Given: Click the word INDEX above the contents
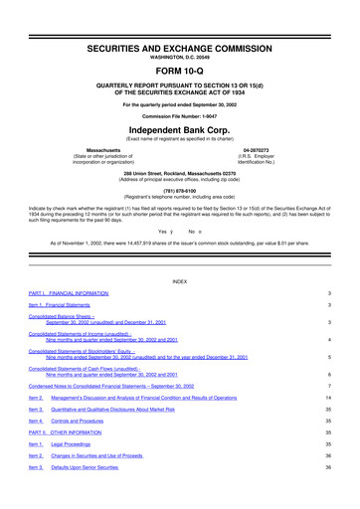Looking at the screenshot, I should click(179, 281).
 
